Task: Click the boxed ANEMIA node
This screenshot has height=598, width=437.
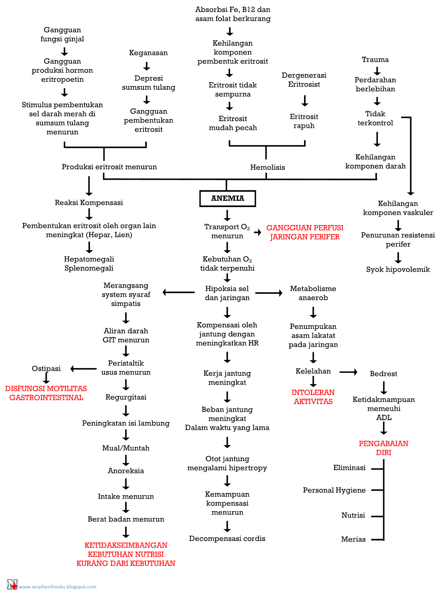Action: click(227, 198)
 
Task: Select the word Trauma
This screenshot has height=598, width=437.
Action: click(375, 59)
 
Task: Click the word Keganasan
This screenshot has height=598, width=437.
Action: click(148, 53)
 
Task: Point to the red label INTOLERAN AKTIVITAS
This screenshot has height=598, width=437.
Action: click(313, 397)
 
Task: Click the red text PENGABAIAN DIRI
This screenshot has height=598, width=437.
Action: click(383, 448)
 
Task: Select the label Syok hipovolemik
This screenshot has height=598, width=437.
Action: click(398, 269)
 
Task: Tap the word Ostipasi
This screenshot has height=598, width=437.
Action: click(46, 369)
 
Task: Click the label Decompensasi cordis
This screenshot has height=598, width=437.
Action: click(227, 538)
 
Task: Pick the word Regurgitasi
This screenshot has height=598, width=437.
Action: click(126, 397)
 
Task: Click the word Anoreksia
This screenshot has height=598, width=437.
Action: click(126, 471)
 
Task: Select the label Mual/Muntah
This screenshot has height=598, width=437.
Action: click(126, 448)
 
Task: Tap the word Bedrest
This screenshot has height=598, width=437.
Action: click(383, 374)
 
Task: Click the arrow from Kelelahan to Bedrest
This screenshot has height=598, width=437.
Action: click(348, 372)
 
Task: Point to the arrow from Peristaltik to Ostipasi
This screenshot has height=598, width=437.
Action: click(84, 369)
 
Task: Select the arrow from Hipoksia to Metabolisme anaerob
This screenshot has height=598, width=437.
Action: click(269, 293)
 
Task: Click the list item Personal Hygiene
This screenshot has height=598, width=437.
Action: click(334, 490)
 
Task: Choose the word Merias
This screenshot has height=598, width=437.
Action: click(353, 539)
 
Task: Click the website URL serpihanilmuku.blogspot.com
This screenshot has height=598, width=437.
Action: click(58, 586)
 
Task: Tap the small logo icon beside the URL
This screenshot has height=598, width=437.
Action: click(12, 584)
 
